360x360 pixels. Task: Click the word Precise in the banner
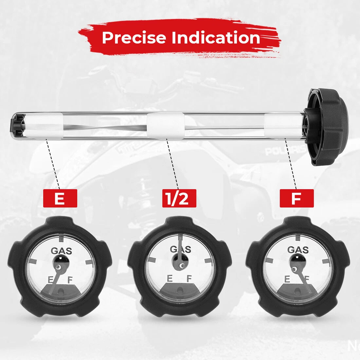tap(134, 37)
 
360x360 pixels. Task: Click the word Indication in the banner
tap(216, 37)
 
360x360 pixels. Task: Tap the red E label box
tap(60, 198)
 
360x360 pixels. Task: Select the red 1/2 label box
tap(179, 198)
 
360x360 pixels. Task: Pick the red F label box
tap(297, 198)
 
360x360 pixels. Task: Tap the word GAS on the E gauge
tap(61, 251)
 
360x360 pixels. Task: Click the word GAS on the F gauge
tap(298, 250)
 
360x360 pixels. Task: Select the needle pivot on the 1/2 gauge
tap(182, 266)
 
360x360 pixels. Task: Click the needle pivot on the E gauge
tap(59, 267)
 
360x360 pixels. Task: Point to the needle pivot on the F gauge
tap(294, 269)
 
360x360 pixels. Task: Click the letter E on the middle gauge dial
tap(170, 279)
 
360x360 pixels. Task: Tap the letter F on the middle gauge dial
tap(189, 279)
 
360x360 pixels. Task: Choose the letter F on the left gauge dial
tap(70, 280)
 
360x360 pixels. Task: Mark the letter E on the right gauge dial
tap(287, 279)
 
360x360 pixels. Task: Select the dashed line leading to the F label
tap(291, 163)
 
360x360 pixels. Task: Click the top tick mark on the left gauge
tap(61, 239)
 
